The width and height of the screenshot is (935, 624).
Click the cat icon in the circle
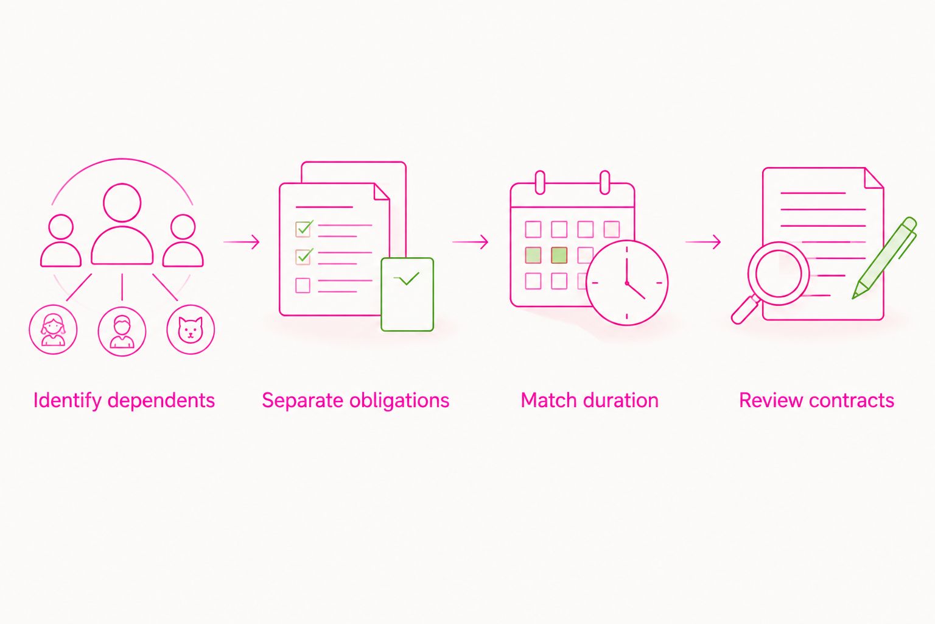point(191,330)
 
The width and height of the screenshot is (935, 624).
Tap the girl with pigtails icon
point(53,330)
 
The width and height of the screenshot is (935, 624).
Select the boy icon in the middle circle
point(122,331)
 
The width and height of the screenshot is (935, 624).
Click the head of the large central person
point(122,203)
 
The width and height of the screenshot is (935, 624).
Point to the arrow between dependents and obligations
point(241,242)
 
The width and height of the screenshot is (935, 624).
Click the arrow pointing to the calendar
point(470,242)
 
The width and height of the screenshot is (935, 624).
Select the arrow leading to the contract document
point(703,242)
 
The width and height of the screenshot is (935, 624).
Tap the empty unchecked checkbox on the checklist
point(303,285)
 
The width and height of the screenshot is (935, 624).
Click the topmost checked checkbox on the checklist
point(304,228)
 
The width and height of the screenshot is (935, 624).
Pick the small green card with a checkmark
point(407,295)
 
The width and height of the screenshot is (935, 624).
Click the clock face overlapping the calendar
point(627,283)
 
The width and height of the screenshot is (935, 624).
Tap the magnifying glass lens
point(779,274)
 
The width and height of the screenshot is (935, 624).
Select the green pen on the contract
point(884,258)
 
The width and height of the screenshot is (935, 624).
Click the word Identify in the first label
point(67,400)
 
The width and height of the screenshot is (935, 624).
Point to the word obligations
point(399,400)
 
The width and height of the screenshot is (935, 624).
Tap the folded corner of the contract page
point(874,179)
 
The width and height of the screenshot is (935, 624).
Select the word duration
point(624,400)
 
